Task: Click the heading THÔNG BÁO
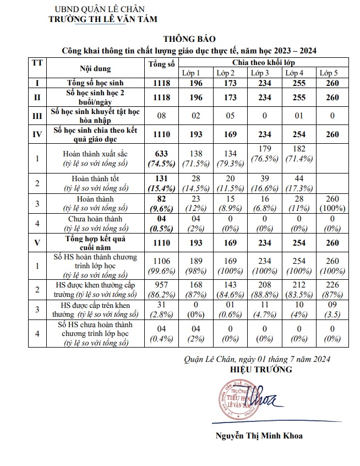[185, 39]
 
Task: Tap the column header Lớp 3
[260, 73]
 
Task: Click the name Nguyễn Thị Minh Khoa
[259, 435]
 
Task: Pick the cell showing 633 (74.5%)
[161, 159]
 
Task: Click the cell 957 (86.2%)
[161, 290]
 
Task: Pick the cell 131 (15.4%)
[161, 183]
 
